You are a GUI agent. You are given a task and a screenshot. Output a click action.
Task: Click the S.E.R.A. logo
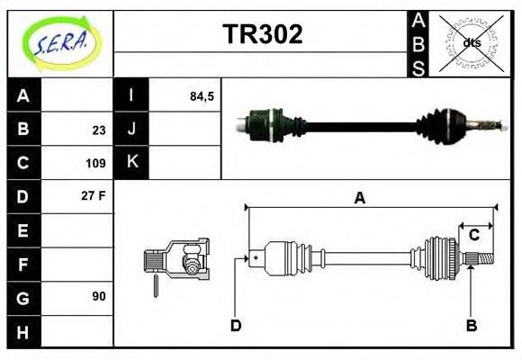tap(58, 42)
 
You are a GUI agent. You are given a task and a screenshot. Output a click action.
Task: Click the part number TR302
tap(262, 34)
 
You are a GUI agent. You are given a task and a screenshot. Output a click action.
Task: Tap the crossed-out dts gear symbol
tap(472, 42)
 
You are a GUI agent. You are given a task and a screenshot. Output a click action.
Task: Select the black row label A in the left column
tap(23, 95)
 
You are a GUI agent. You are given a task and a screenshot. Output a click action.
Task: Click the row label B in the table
tap(23, 129)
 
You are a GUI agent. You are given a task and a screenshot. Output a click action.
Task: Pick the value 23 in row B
tap(98, 130)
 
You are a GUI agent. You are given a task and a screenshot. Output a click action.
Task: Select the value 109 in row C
tap(95, 164)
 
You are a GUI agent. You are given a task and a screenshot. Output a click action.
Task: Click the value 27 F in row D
tap(94, 195)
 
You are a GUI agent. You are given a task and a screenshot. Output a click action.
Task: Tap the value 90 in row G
tap(98, 296)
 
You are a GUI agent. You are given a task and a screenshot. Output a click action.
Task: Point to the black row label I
tap(130, 95)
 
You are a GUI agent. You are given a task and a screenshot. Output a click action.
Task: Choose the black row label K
tap(130, 163)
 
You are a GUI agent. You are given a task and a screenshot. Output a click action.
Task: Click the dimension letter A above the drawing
tap(358, 199)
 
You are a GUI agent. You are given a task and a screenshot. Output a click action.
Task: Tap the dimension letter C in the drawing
tap(473, 236)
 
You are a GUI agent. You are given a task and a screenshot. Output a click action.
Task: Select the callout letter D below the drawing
tap(235, 325)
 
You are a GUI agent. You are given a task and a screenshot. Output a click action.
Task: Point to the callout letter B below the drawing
tap(470, 325)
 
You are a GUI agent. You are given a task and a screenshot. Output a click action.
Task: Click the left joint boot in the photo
tap(263, 123)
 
